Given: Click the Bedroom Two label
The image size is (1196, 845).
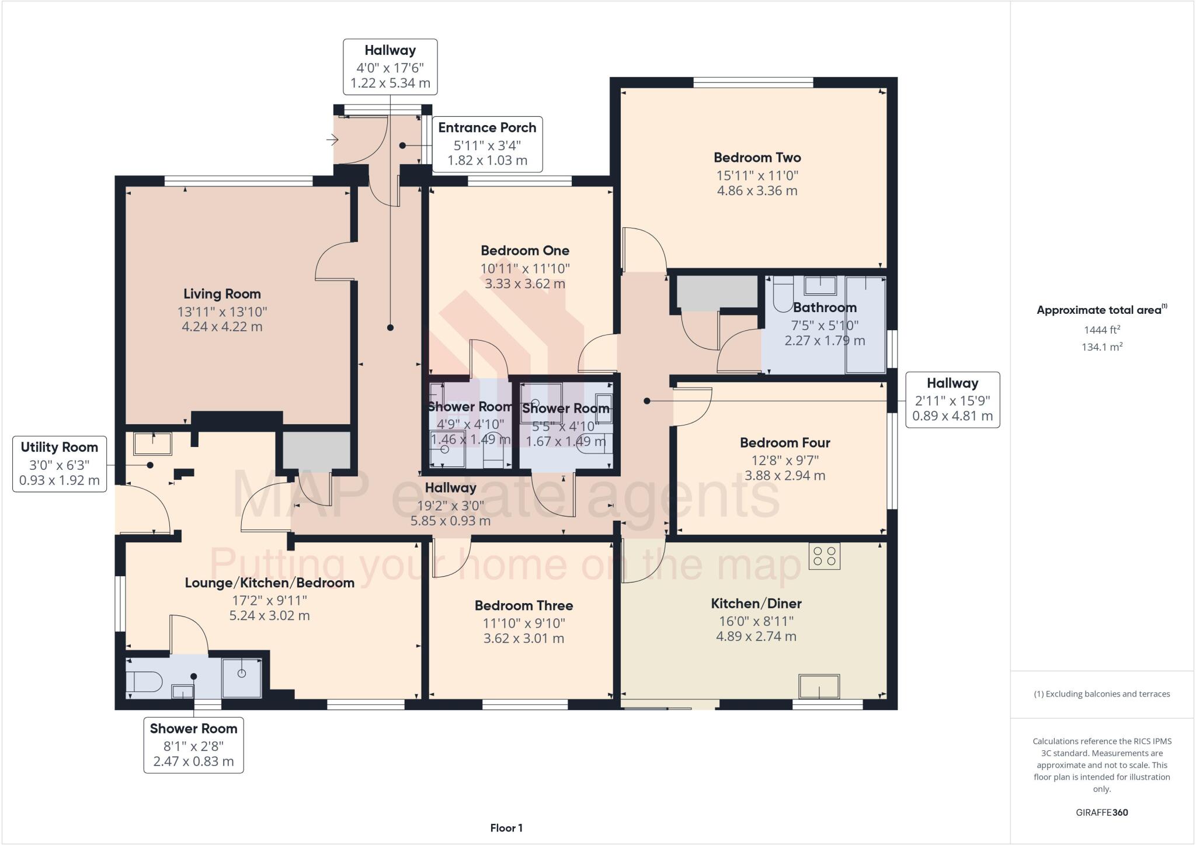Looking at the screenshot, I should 757,157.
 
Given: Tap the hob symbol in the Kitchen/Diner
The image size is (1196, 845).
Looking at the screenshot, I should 824,556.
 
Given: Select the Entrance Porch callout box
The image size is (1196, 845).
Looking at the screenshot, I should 487,144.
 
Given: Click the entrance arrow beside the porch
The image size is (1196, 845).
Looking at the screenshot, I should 332,140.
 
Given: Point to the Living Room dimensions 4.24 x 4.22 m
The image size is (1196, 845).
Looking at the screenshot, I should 222,327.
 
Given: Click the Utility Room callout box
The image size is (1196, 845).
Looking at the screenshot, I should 60,464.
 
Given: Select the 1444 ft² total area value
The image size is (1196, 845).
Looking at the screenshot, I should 1101,330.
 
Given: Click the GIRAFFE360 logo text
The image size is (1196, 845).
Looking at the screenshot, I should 1101,812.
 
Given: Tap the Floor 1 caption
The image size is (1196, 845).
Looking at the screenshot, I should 506,828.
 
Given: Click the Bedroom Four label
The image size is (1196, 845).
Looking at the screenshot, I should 784,442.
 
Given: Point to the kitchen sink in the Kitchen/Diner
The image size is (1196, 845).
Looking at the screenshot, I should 819,687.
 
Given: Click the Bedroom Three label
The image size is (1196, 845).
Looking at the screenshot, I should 523,605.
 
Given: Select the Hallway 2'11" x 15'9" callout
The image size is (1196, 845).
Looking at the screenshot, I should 952,400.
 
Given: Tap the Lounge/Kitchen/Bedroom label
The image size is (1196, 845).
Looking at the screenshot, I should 269,583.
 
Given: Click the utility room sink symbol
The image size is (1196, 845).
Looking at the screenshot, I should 152,444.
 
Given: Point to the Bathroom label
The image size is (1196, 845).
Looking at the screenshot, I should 825,307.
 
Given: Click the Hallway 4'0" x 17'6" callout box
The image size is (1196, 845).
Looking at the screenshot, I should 390,67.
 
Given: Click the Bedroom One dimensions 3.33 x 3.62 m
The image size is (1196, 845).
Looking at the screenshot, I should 524,284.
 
